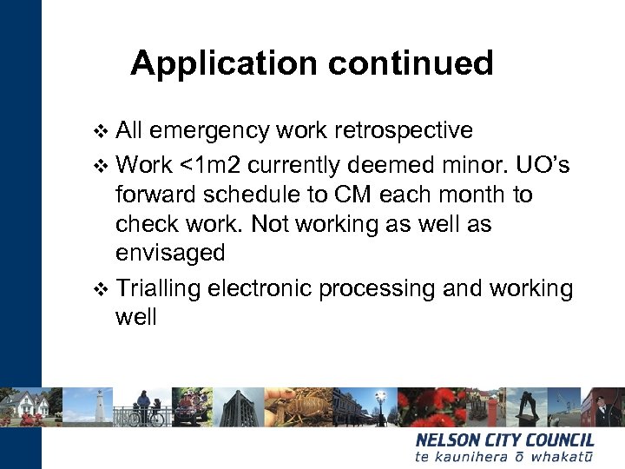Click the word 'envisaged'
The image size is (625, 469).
pos(170,254)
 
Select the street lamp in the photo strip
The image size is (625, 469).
pos(380,401)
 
